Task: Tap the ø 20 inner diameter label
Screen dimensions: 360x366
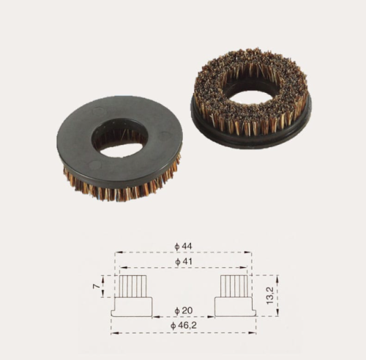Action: [x=183, y=310]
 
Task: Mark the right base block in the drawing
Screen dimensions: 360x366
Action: [x=234, y=307]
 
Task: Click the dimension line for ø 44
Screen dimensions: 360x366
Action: [x=146, y=253]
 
